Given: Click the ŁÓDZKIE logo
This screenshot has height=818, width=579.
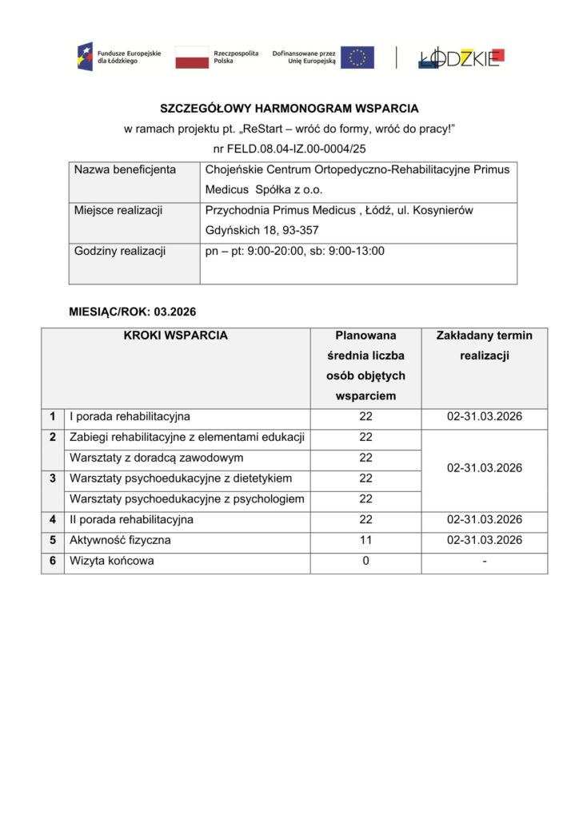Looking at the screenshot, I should (460, 58).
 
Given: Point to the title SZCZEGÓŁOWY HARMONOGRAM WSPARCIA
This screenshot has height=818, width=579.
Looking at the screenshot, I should (289, 108).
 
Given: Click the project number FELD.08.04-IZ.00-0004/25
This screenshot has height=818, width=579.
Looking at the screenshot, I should (289, 148).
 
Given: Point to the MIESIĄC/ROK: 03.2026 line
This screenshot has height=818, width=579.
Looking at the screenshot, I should (132, 310).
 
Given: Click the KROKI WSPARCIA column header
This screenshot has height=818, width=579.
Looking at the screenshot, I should (175, 336).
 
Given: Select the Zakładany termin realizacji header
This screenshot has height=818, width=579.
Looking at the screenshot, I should (484, 345).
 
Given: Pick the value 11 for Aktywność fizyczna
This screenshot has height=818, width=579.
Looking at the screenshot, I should (365, 540).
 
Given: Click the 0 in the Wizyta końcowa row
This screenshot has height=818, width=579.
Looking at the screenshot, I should (365, 561).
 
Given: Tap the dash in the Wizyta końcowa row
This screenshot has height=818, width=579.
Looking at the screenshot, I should (485, 561).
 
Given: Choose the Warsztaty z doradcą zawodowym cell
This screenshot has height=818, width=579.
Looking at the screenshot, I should (156, 458).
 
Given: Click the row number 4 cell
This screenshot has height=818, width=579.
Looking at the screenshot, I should (52, 519).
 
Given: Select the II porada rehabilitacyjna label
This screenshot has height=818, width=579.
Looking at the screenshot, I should (131, 519).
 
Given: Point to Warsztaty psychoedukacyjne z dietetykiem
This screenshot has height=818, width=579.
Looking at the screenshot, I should (181, 478).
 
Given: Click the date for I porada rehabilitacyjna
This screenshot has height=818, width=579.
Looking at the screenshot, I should (485, 416).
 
